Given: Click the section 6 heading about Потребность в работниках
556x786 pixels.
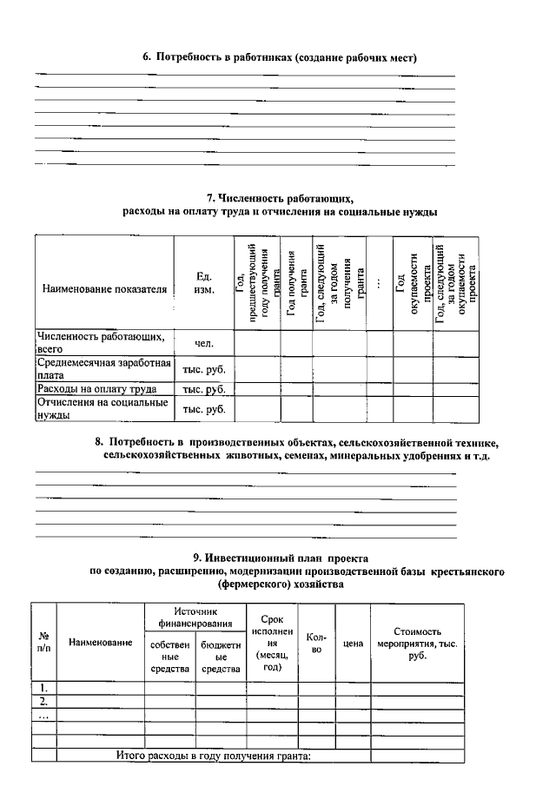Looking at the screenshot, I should [281, 58].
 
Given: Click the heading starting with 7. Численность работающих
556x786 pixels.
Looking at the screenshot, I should [280, 197].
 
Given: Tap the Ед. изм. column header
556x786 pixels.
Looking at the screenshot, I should [205, 283].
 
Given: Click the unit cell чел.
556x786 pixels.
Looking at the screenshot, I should [205, 343].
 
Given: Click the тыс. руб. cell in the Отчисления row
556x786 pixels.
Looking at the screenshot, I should [205, 409].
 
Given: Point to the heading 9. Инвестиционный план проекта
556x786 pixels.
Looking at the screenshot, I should [280, 557].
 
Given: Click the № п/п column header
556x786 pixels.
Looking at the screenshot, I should [43, 642].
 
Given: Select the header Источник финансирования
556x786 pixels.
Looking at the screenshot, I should [195, 617].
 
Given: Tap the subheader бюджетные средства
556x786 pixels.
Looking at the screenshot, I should [221, 657].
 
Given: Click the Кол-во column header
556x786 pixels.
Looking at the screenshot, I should [317, 643].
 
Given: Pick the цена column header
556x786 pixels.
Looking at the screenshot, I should [353, 643].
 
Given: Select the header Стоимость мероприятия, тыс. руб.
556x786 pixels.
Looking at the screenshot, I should [418, 644].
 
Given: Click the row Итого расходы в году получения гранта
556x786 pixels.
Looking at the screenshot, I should [214, 756].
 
